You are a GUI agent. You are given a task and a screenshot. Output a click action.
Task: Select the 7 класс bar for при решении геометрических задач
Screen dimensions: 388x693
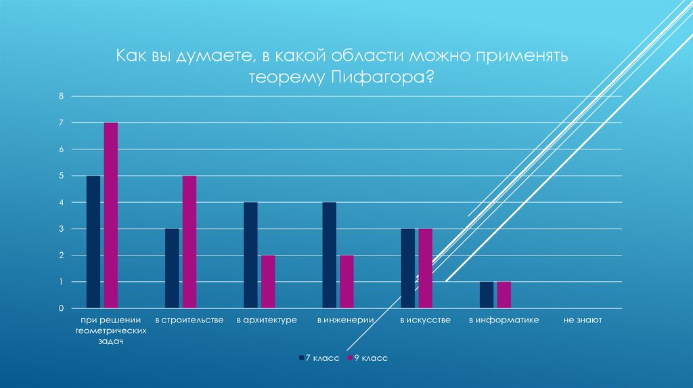(93, 242)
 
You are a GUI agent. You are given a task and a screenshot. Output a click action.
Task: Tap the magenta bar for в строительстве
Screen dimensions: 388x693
(189, 242)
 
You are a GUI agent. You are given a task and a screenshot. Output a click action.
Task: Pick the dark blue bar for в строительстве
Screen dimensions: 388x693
(172, 268)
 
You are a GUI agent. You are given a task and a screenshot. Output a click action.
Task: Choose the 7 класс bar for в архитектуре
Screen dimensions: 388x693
(250, 256)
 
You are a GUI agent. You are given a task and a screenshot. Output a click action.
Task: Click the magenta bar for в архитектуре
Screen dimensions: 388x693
(268, 282)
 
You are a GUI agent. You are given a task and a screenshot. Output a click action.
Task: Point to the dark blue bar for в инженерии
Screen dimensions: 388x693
(330, 256)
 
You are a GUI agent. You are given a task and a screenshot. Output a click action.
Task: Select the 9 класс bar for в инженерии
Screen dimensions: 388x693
(346, 282)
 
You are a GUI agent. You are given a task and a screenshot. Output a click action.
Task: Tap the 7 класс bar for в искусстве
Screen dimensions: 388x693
(408, 268)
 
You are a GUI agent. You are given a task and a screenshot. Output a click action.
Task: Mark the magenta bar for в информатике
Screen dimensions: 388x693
(504, 295)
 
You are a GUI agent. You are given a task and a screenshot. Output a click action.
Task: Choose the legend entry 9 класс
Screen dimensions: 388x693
(370, 357)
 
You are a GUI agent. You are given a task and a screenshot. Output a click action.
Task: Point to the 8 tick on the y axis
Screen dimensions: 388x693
(60, 96)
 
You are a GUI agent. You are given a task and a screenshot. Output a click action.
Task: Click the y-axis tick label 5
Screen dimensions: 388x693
(60, 176)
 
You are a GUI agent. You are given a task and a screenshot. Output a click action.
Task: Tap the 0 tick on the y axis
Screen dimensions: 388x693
(60, 308)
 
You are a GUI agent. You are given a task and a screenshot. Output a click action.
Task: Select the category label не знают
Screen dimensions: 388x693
(582, 320)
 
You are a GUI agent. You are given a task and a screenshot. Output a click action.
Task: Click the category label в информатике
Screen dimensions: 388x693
(504, 320)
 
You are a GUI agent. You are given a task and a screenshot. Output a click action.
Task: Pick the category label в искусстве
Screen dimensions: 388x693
(425, 320)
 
